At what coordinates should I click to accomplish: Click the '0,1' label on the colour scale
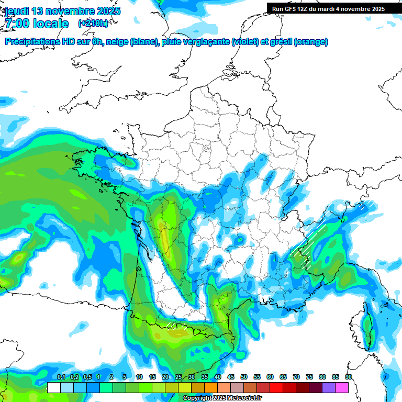pos(61,377)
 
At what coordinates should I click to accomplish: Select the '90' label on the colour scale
pos(348,377)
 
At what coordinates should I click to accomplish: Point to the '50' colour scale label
pos(244,377)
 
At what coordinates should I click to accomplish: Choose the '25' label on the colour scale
pos(178,377)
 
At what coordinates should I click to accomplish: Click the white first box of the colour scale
pos(53,387)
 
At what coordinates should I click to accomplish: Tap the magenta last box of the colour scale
pos(342,387)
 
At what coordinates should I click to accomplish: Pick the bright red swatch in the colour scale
pos(276,387)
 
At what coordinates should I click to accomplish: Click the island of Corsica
pos(368,327)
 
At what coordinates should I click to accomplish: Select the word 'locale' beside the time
pos(50,24)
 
